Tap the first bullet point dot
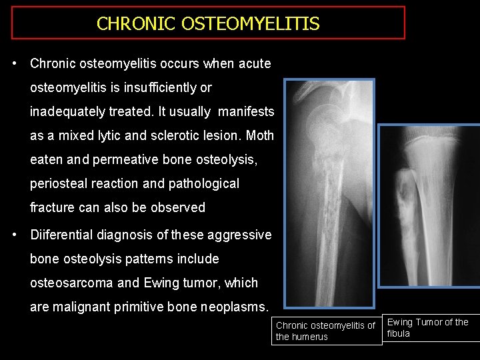[x=14, y=64]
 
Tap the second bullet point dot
[x=14, y=235]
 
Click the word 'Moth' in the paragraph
[x=260, y=135]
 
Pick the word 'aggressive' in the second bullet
[x=236, y=235]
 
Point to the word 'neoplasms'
[x=236, y=307]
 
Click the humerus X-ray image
[x=329, y=193]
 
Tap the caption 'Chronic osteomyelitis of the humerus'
[x=325, y=331]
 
